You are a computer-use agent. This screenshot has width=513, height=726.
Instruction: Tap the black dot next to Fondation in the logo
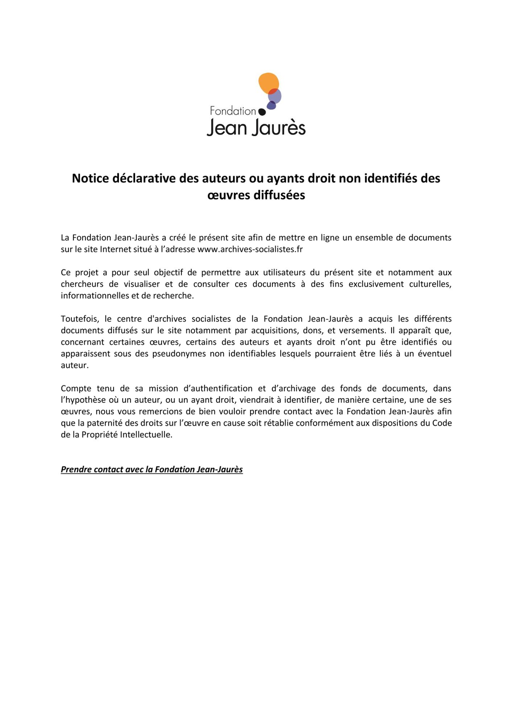point(261,112)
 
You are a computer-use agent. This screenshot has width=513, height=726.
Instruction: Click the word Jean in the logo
point(225,128)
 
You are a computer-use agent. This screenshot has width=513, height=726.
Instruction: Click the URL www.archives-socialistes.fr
point(250,249)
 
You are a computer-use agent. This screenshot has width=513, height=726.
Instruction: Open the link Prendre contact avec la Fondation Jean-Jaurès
point(152,470)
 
